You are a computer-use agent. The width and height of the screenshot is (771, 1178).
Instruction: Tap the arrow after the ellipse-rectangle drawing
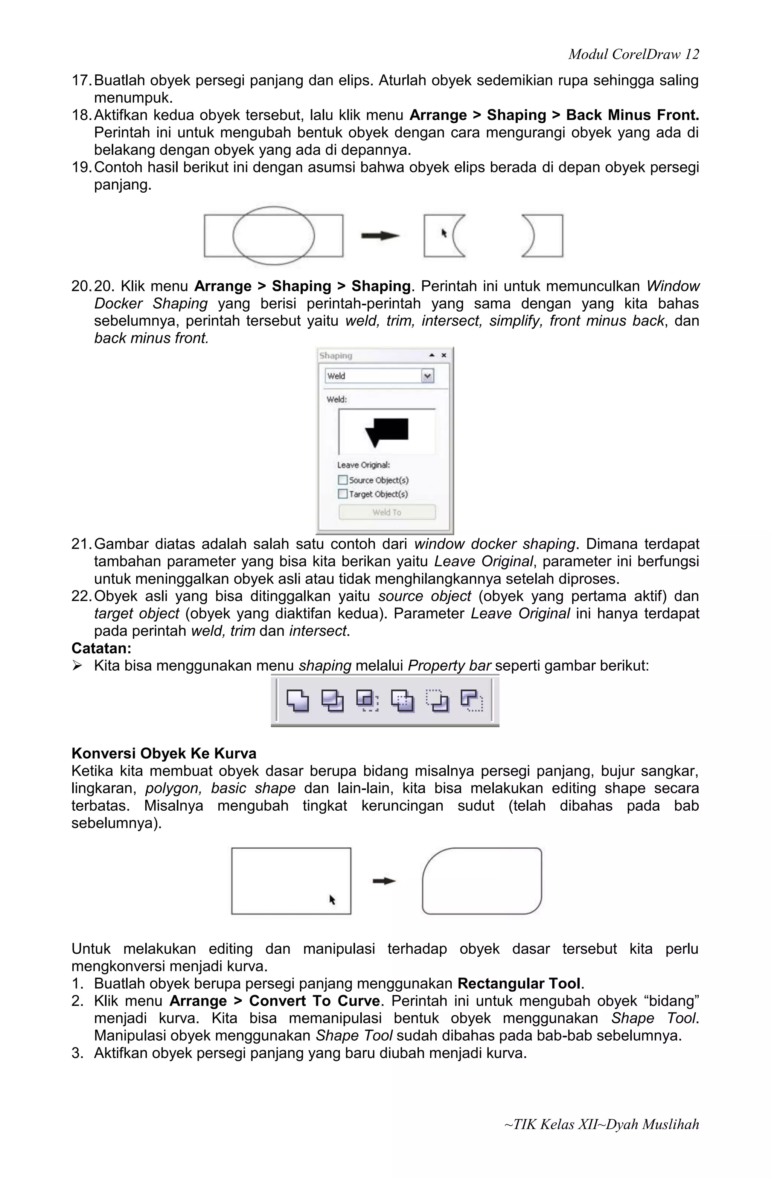click(380, 236)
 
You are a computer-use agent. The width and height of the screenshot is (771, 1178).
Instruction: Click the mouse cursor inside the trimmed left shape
click(444, 233)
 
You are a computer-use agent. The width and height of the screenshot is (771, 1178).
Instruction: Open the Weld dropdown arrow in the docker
click(427, 376)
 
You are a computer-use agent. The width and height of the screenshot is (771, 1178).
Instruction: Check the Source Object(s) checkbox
click(343, 479)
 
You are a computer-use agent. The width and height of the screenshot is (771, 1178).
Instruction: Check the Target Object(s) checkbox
click(343, 493)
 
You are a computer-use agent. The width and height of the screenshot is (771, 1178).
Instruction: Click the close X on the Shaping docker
click(444, 355)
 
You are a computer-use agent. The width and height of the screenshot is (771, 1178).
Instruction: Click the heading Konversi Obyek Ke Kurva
click(163, 753)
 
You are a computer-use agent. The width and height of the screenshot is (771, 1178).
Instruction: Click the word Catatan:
click(101, 648)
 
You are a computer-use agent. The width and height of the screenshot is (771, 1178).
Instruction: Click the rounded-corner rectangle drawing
click(481, 881)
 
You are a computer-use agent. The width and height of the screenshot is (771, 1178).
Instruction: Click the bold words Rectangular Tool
click(518, 983)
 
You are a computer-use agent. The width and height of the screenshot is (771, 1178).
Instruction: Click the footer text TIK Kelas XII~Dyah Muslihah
click(601, 1124)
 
